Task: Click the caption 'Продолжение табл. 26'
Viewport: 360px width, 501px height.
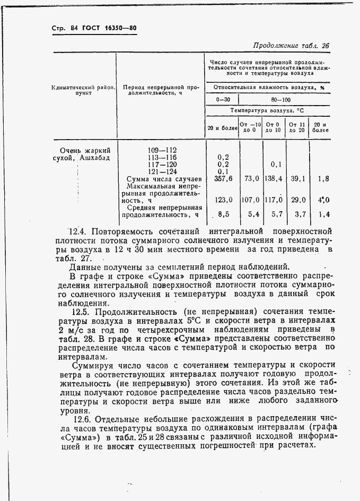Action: point(291,46)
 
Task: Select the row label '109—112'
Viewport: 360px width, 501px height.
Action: point(162,150)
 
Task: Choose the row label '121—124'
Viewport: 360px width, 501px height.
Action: point(162,171)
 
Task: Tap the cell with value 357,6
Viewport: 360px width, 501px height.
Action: point(223,179)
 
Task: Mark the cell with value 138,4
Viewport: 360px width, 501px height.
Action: point(274,179)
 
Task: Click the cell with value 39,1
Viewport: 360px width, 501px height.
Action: point(297,179)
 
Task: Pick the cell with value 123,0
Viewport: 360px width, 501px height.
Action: point(223,200)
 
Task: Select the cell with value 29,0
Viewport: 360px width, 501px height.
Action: point(297,200)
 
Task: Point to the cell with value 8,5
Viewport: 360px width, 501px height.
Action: point(223,215)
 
